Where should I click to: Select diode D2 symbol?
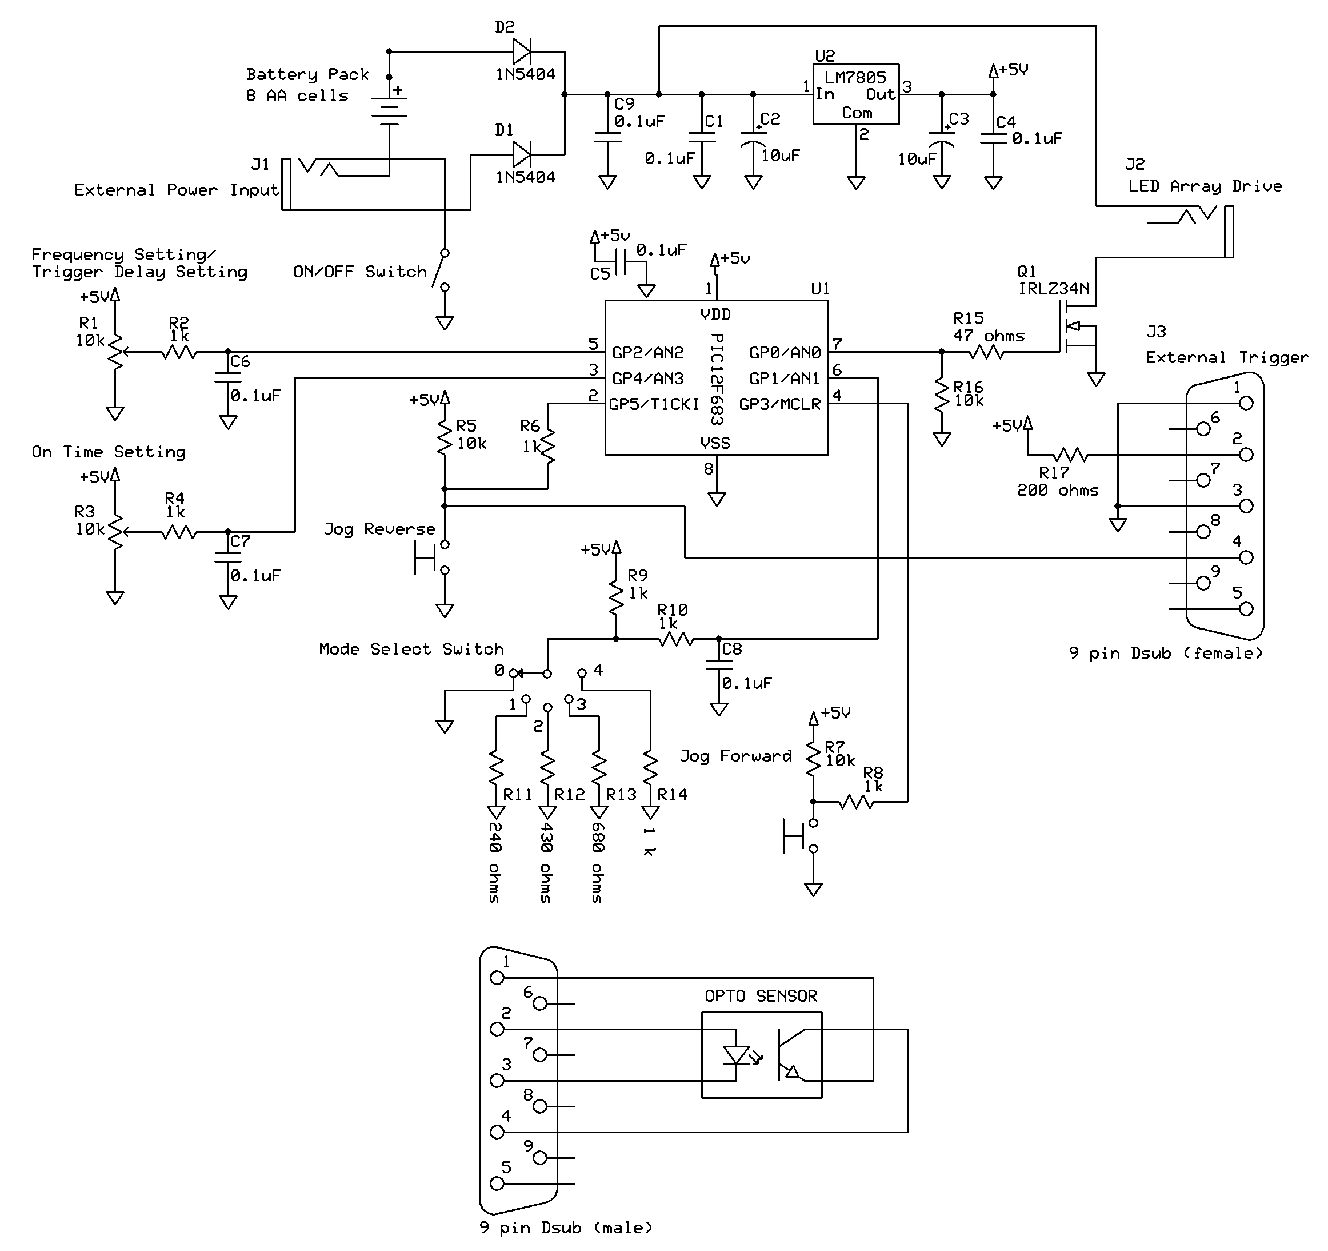point(522,51)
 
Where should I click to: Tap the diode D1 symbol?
point(522,154)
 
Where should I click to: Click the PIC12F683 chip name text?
point(717,379)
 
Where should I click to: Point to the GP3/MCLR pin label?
point(779,404)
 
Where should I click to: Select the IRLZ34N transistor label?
point(1054,289)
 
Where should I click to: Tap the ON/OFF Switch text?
point(360,272)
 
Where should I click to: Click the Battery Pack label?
point(307,74)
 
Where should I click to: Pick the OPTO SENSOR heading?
point(761,997)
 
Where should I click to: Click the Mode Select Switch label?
point(411,649)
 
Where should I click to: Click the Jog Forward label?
point(735,756)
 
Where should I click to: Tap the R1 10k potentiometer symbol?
point(115,352)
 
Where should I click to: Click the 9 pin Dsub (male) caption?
point(566,1228)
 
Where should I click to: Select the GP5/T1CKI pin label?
point(654,404)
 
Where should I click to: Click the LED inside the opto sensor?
point(736,1055)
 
